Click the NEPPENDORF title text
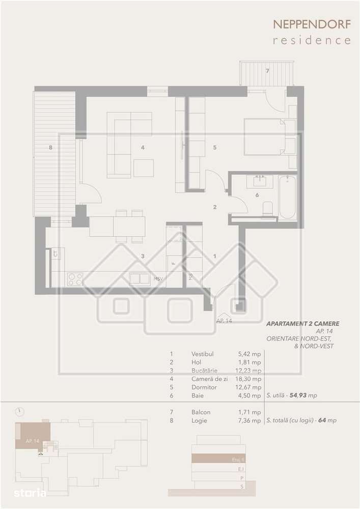click(312, 24)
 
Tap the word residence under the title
click(312, 40)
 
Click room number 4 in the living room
click(144, 148)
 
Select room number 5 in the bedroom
click(215, 148)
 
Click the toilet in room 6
click(267, 208)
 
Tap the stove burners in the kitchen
click(75, 278)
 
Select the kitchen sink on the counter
click(139, 278)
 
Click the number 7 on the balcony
click(267, 71)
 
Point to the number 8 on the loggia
click(50, 148)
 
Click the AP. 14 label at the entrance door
click(224, 321)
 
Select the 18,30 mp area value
click(250, 379)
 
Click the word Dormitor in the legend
click(204, 387)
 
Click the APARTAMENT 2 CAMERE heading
click(302, 323)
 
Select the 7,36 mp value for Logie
click(250, 421)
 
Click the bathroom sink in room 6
click(261, 181)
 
